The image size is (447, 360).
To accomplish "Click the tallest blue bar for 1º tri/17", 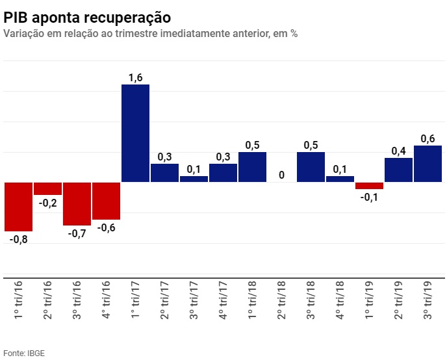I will tap(136, 133).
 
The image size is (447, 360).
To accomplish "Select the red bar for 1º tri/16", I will tap(18, 207).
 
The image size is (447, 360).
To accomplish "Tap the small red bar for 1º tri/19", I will tap(369, 186).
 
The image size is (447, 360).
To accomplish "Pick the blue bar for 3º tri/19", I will tap(428, 164).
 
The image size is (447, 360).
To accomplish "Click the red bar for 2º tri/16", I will tap(47, 188).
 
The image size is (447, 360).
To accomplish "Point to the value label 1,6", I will tap(136, 78).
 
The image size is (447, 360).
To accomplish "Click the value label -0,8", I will tap(18, 239).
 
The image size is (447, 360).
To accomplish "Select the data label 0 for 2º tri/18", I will tap(281, 175).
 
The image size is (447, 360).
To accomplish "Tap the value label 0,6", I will tap(428, 138).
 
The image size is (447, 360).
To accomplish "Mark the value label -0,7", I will tap(77, 233).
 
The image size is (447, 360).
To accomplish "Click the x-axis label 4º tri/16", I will tap(107, 301).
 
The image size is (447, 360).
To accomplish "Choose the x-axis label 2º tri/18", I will tap(282, 301).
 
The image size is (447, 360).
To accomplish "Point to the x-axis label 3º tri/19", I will tap(428, 301).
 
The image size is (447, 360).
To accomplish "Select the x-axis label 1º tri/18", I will tap(253, 301).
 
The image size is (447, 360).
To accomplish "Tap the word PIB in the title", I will tap(16, 17).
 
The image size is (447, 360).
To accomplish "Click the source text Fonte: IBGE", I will tap(24, 353).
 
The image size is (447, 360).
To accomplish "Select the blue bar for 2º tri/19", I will tap(398, 170).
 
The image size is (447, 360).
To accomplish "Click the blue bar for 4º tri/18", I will tap(340, 179).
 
